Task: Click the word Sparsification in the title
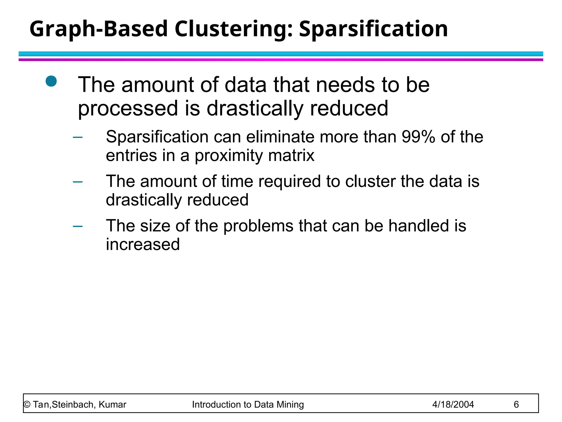373,29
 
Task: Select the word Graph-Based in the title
99,29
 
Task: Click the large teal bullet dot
51,81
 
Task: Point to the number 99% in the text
418,137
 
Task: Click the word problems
258,226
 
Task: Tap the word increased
143,244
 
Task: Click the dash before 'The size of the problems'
78,226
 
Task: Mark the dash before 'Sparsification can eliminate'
78,137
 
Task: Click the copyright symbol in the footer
27,405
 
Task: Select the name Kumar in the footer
112,405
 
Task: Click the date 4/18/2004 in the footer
453,405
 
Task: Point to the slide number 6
516,405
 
